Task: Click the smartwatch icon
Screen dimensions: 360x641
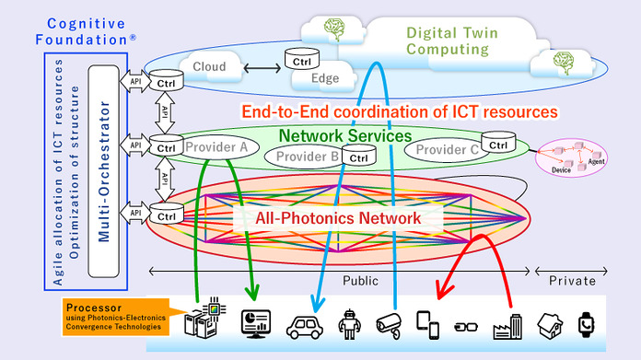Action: coord(587,324)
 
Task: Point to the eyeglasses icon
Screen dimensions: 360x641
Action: coord(468,325)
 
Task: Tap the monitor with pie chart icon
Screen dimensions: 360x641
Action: coord(254,323)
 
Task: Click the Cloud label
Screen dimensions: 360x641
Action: coord(210,66)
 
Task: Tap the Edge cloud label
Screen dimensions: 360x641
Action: coord(324,78)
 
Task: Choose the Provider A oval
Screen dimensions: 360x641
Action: coord(211,146)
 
